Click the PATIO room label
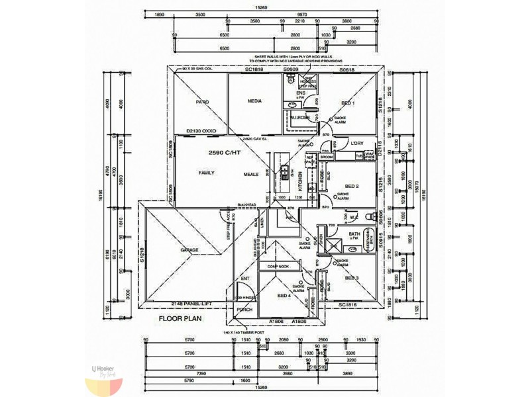click(x=202, y=103)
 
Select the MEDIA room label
click(x=254, y=101)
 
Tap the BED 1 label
click(x=348, y=104)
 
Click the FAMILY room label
click(x=207, y=173)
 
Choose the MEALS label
click(x=250, y=173)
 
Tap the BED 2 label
click(x=352, y=187)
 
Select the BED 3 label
click(x=352, y=279)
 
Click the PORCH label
click(x=244, y=309)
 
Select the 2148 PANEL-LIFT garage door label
click(x=194, y=303)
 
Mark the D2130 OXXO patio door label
click(x=201, y=131)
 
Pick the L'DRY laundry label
click(x=357, y=143)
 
